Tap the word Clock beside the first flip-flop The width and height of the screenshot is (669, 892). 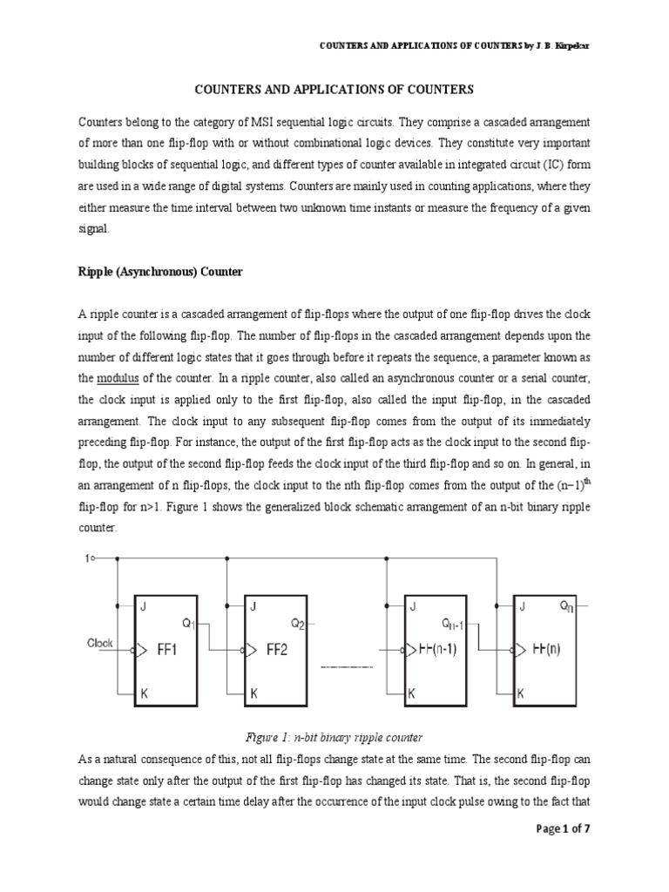pos(100,643)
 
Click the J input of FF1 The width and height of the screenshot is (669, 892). pos(143,608)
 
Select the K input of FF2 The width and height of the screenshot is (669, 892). pos(254,695)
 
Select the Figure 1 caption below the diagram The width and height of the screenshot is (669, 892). pos(334,736)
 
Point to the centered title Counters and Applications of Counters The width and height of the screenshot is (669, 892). pos(334,89)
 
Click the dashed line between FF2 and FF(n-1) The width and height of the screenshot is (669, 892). pos(347,666)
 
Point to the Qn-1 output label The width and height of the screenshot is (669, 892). pos(454,623)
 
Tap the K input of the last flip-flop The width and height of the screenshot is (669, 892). pos(520,695)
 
